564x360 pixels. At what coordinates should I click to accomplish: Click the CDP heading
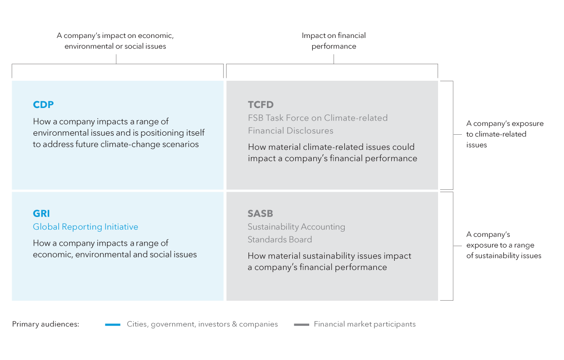point(43,105)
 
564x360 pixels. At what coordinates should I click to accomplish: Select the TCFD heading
point(261,105)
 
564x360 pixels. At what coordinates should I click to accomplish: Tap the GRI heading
point(41,214)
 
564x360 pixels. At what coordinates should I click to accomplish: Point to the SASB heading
point(260,214)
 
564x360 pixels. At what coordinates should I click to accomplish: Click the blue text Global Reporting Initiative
point(86,227)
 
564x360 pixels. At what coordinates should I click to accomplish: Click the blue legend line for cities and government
point(112,324)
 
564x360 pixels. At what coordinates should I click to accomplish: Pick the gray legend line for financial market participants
point(301,324)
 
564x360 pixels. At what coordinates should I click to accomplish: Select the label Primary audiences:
point(46,324)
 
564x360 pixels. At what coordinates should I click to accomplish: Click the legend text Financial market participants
point(365,324)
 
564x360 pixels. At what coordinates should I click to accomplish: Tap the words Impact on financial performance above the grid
point(334,41)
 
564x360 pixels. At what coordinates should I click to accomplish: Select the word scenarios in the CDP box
point(180,144)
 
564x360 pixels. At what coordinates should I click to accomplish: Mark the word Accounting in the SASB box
point(321,227)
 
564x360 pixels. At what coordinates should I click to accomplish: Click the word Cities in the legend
point(137,324)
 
